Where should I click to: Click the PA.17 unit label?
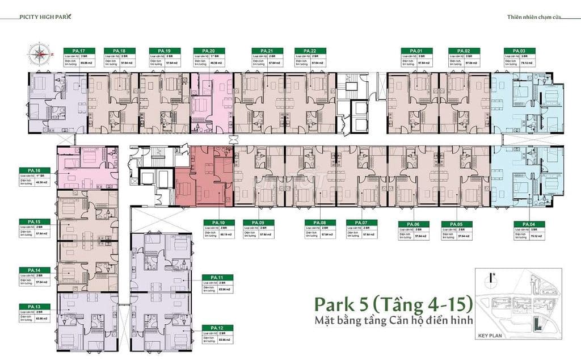[71, 51]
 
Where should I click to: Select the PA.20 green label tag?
[201, 51]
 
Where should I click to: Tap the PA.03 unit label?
[512, 51]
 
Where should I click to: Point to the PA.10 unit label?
[212, 222]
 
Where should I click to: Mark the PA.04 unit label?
[523, 223]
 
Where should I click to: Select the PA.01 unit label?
[409, 51]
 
